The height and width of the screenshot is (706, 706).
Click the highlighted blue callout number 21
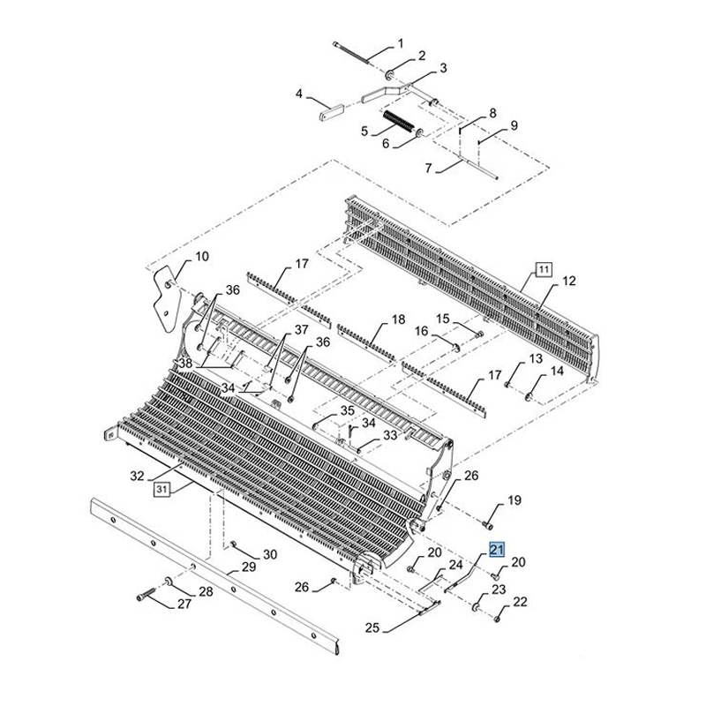[498, 549]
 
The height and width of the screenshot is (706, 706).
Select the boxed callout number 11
[544, 269]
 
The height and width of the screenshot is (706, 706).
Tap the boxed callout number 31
[162, 490]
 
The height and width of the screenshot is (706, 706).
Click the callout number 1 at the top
[400, 43]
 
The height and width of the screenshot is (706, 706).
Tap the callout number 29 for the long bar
[249, 567]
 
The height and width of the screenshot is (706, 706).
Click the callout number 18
[399, 319]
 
